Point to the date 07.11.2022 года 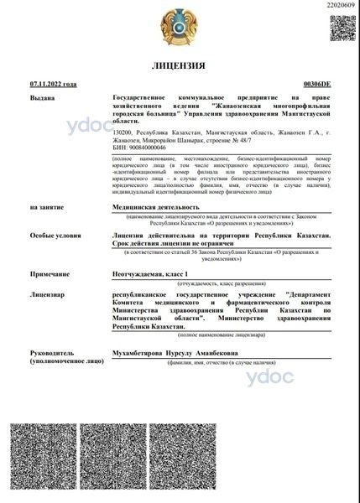53,85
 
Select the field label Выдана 41,98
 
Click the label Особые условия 53,236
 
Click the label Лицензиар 48,295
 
